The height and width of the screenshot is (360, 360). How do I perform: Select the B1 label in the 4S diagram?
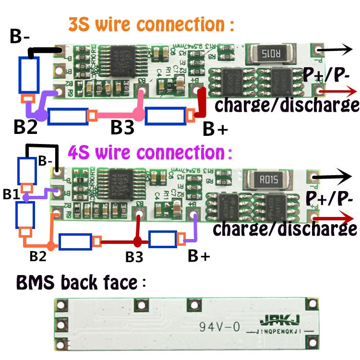coord(12,194)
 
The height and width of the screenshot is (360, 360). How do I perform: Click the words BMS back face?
coord(77,283)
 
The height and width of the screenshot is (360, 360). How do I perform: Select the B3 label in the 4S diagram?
coord(134,257)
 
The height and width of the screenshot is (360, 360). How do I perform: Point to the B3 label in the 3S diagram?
coord(126,128)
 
